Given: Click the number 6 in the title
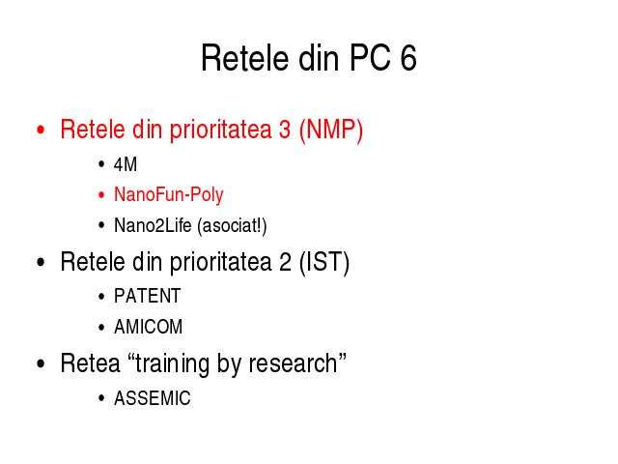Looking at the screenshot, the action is point(408,58).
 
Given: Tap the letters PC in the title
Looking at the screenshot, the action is point(370,58).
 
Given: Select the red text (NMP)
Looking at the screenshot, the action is point(330,130).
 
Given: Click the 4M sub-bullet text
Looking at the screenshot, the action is point(125,164).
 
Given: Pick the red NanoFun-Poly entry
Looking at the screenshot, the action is point(169,195).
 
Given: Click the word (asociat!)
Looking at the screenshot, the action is point(232,226).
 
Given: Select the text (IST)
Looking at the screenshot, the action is point(324,262).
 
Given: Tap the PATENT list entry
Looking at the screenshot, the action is point(148,296).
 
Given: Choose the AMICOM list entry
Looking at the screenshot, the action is point(148,327).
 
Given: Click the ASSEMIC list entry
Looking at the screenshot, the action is point(153,397).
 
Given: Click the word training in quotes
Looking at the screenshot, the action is point(172,364).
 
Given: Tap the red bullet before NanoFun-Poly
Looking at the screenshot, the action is point(101,195).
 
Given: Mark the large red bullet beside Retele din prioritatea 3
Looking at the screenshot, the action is point(41,130).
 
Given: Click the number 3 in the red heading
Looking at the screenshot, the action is point(285,130).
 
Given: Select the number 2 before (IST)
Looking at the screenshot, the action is point(285,262).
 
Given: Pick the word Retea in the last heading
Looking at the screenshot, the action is point(90,363).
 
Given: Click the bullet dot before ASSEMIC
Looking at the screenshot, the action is point(101,398).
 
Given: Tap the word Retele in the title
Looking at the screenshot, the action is point(244,58).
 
